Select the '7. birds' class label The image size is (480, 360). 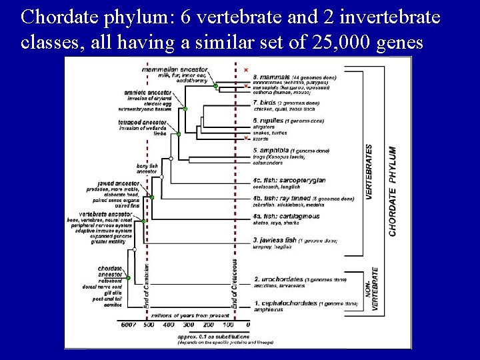coord(265,103)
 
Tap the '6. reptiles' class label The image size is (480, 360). coord(268,121)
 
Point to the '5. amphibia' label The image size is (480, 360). coord(270,151)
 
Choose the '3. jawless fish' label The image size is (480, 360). coord(275,239)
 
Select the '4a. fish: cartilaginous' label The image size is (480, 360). coord(286,216)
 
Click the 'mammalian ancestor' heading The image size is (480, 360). coord(175,69)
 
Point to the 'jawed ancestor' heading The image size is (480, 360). coord(118,183)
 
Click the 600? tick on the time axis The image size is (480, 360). coord(128,325)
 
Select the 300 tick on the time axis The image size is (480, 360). coord(189,325)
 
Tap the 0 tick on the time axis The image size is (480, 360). coord(248,325)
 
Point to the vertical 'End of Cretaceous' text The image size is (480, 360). coord(234,283)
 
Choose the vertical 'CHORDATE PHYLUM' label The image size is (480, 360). coord(393,191)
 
